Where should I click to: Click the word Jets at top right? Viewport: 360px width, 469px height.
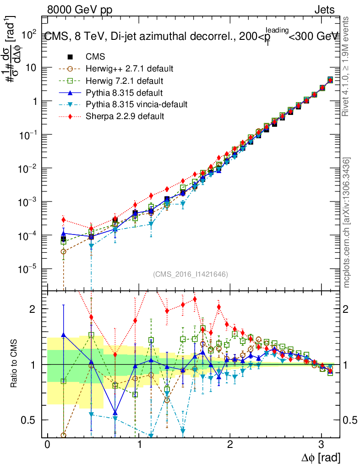324,9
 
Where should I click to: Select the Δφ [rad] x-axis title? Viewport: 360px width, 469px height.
321,457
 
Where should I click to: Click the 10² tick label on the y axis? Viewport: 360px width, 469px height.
28,33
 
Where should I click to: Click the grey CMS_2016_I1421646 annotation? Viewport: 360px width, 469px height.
191,274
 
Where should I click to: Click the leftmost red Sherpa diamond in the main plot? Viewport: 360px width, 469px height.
63,220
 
